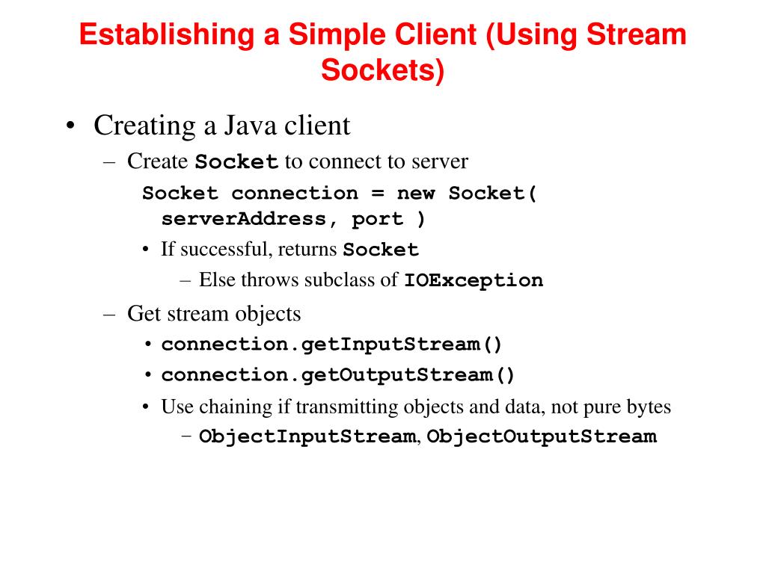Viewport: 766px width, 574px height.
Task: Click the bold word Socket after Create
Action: point(237,162)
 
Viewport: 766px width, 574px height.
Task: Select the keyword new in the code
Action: point(415,194)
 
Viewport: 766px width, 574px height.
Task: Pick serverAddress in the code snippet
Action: point(244,220)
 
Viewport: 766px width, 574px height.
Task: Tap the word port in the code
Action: point(378,220)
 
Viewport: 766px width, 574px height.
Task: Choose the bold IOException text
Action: point(474,281)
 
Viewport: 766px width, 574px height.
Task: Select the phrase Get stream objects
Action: point(214,313)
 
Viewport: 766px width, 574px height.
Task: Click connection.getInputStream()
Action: point(332,345)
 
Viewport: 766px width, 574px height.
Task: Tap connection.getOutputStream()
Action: point(338,375)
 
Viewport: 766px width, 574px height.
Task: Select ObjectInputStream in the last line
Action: point(307,436)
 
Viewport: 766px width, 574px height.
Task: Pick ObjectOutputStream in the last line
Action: point(542,436)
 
